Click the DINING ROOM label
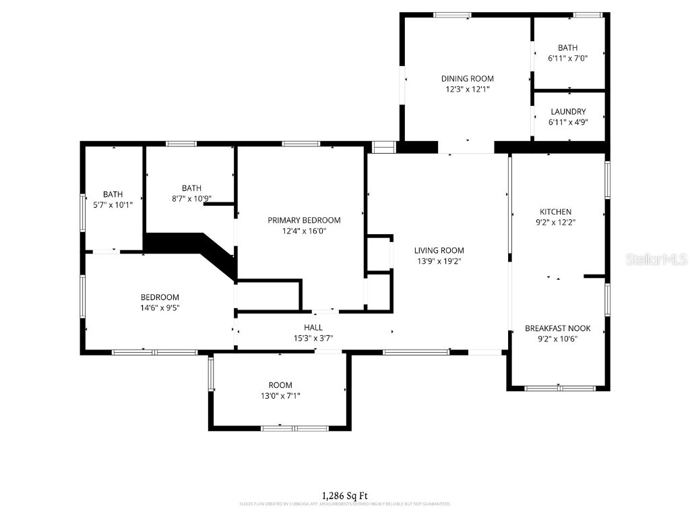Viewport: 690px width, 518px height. (x=467, y=79)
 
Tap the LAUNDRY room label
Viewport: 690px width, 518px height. (x=568, y=111)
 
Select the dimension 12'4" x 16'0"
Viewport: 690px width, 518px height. (x=304, y=231)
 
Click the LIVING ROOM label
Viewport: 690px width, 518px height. (x=439, y=250)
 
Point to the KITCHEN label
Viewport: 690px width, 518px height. (x=555, y=212)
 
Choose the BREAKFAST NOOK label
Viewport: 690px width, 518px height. (x=557, y=328)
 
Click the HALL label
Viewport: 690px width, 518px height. (x=313, y=328)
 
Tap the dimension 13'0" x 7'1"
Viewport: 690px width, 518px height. (x=280, y=396)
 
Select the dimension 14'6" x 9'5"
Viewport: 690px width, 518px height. (x=160, y=308)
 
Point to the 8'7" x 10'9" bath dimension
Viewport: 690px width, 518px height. (x=191, y=199)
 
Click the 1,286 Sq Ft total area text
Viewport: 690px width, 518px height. (x=344, y=496)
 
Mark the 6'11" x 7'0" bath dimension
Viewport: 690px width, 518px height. (x=567, y=59)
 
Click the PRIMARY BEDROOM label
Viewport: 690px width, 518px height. (x=304, y=220)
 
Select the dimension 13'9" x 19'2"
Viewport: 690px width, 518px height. (x=439, y=261)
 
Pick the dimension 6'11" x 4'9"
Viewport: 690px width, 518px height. (x=568, y=122)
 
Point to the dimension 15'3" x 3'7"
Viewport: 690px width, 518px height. (x=313, y=339)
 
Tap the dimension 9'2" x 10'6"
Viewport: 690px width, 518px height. (x=557, y=339)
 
